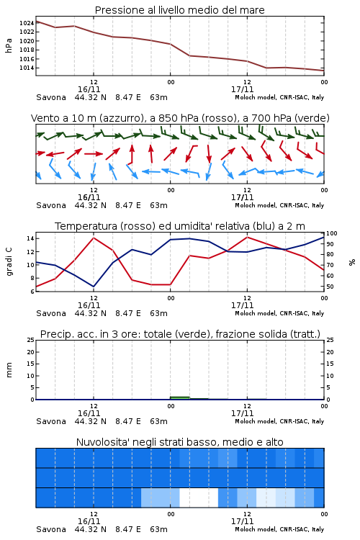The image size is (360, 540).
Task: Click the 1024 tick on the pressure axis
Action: click(x=27, y=23)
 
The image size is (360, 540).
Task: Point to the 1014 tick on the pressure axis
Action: click(x=27, y=68)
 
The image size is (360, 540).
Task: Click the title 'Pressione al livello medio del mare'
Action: click(x=180, y=10)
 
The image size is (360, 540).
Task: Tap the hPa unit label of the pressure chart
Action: click(x=9, y=45)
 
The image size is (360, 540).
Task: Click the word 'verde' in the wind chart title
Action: click(x=312, y=118)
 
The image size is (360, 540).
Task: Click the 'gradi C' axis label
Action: click(x=9, y=262)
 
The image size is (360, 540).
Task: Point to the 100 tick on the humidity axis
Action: click(x=332, y=233)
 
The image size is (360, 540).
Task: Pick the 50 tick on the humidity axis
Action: click(x=330, y=287)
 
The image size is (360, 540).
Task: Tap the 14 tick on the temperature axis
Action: click(x=30, y=238)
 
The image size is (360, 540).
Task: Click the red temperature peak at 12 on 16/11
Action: click(x=94, y=238)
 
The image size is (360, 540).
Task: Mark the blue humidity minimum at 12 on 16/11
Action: click(x=94, y=287)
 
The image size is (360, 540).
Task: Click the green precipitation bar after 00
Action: click(x=180, y=398)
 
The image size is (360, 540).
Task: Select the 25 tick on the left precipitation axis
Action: click(x=30, y=340)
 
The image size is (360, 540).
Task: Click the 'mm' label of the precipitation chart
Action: click(x=9, y=370)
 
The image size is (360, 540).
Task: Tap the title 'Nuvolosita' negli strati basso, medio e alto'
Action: click(x=180, y=442)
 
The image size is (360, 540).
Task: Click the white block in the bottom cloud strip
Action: click(x=199, y=498)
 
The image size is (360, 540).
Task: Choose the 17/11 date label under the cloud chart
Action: click(x=243, y=521)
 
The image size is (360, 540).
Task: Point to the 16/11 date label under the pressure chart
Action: click(x=89, y=89)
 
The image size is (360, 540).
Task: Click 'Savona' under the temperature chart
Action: click(x=51, y=313)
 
